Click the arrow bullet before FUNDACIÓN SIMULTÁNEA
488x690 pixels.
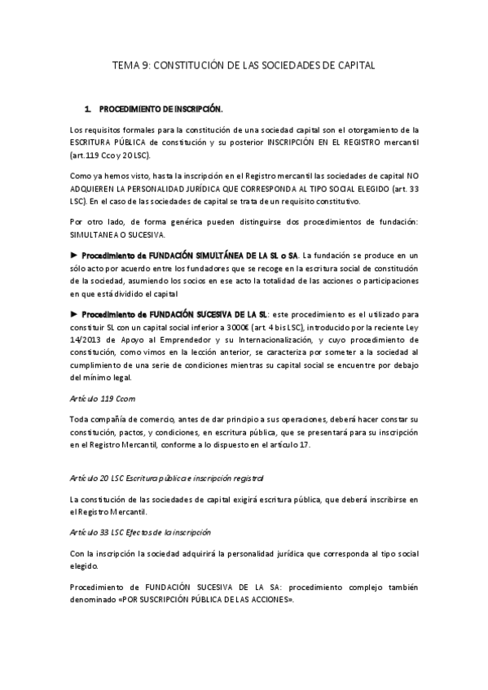click(75, 255)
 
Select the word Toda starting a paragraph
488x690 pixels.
click(81, 419)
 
